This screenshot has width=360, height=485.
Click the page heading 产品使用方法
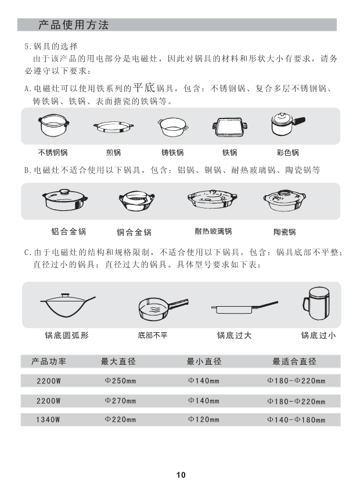[73, 25]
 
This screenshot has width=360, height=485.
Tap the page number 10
[181, 475]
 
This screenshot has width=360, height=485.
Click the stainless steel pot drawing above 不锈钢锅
[53, 125]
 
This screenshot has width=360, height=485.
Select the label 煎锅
[113, 153]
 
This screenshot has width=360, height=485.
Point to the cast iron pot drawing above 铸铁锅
[173, 127]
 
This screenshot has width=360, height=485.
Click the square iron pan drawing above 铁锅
[229, 127]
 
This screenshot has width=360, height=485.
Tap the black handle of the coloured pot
[299, 121]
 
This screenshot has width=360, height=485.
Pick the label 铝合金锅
[69, 232]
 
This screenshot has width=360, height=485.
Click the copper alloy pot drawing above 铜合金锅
[136, 200]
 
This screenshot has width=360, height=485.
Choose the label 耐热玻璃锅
[213, 231]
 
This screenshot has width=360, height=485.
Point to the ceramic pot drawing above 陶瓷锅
[285, 200]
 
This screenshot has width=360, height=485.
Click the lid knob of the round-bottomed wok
[66, 296]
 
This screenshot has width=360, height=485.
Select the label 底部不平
[153, 335]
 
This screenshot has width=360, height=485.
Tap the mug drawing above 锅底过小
[316, 303]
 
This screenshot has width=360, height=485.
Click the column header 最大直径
[118, 361]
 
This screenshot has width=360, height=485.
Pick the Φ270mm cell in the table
[120, 401]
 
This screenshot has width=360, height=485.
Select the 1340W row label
[48, 420]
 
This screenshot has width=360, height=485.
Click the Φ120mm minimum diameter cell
[203, 420]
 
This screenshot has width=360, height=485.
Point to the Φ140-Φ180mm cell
[296, 420]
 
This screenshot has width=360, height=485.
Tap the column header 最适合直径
[294, 361]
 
